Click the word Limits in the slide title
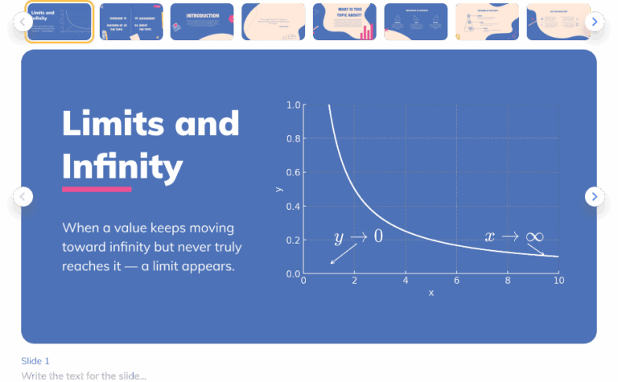[x=108, y=123]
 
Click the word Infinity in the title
[x=122, y=166]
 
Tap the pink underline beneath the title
[x=97, y=190]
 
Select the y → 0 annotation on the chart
[x=358, y=236]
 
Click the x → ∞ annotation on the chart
[x=513, y=236]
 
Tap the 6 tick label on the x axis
[x=456, y=281]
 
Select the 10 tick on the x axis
[x=558, y=281]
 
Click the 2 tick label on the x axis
[x=354, y=281]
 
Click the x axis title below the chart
[x=431, y=293]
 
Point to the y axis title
[x=278, y=189]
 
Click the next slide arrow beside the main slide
[x=594, y=196]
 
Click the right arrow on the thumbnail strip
[x=594, y=22]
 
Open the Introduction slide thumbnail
[x=202, y=22]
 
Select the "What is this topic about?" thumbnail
[x=344, y=22]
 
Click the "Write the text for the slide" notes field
[x=84, y=376]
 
